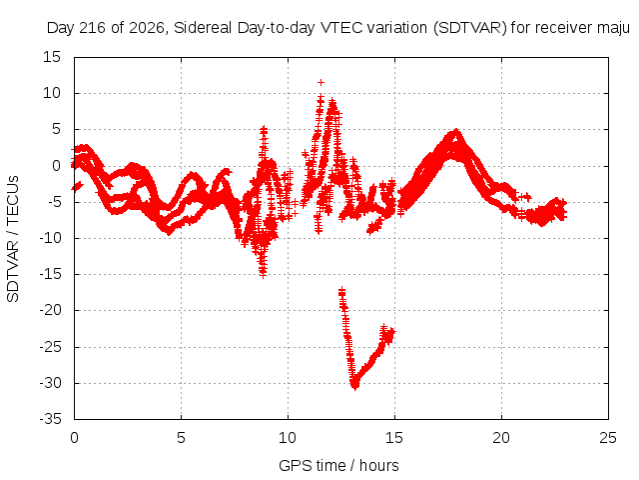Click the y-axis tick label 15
tap(52, 58)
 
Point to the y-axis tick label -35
tap(51, 419)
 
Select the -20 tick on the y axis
tap(51, 311)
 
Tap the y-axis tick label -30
tap(51, 383)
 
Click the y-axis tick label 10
tap(52, 93)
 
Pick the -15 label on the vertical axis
tap(51, 274)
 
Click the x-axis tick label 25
tap(608, 438)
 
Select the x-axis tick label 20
tap(501, 438)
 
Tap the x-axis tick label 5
tap(181, 438)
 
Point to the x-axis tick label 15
tap(394, 438)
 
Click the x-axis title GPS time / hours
tap(338, 466)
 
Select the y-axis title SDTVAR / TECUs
tap(13, 239)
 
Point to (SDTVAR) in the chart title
tap(470, 28)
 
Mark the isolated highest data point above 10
tap(321, 83)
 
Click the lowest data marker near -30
tap(355, 386)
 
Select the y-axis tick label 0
tap(56, 166)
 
